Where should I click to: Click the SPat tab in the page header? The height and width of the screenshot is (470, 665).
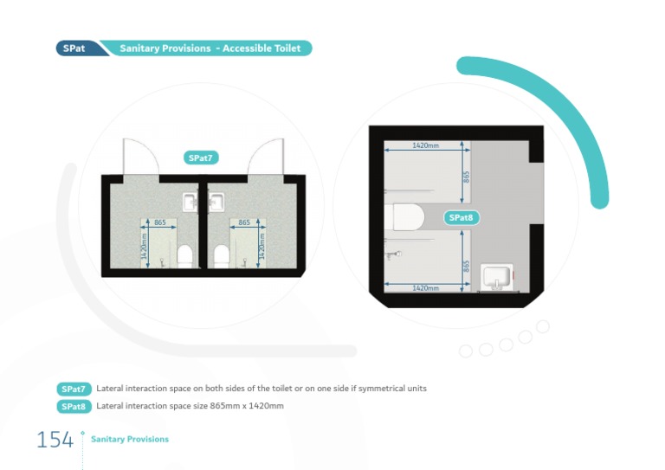[x=74, y=48]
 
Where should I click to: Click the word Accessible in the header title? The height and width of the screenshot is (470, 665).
[x=249, y=48]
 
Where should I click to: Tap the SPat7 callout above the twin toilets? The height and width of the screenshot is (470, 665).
[x=201, y=158]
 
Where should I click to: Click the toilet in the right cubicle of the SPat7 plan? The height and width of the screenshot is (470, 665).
[x=221, y=254]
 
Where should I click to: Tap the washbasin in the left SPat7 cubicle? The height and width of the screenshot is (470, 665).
[x=190, y=203]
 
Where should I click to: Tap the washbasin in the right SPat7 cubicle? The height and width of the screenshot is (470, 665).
[x=216, y=203]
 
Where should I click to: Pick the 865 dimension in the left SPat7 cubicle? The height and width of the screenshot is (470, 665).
[x=160, y=222]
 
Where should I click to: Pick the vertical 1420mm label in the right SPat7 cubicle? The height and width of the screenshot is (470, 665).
[x=262, y=248]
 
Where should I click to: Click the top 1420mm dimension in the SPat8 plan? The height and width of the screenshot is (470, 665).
[x=424, y=145]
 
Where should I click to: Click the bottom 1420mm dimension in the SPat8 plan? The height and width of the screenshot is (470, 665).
[x=424, y=287]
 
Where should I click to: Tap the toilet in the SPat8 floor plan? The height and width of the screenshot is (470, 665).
[x=405, y=218]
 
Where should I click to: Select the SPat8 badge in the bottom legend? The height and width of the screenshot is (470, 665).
[x=74, y=406]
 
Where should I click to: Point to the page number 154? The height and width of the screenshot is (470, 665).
[x=55, y=440]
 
